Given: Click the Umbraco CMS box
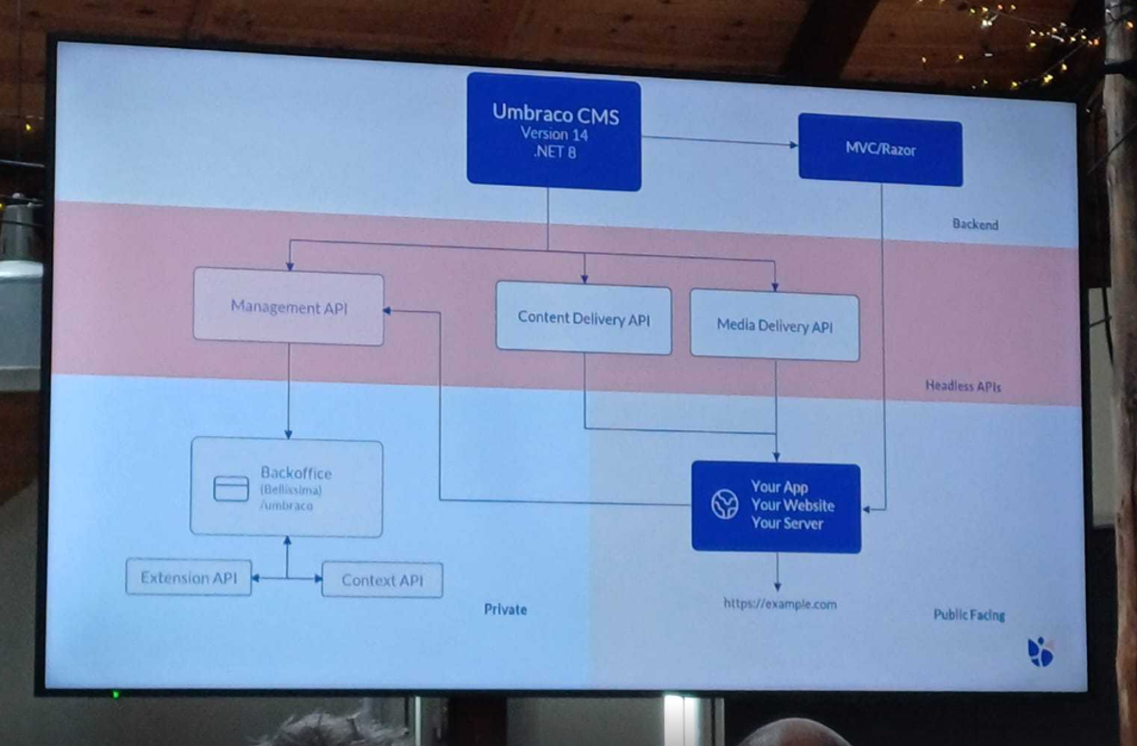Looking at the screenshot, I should (553, 131).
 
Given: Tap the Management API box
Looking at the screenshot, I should (288, 307).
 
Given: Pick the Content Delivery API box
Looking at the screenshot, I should (584, 318).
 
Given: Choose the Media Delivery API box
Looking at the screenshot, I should (774, 326).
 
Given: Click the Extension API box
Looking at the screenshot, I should (189, 577).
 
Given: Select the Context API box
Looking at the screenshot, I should (382, 580).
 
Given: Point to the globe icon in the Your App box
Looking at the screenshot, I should (725, 504).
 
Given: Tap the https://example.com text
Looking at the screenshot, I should (780, 603).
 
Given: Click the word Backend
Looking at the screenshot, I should (975, 225).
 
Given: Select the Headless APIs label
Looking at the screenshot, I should (963, 387).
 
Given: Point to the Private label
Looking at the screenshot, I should (505, 609).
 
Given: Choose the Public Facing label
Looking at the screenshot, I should (968, 615).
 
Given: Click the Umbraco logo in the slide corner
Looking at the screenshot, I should (1040, 651).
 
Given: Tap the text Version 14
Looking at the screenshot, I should (554, 134).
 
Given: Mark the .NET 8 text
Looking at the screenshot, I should (554, 151).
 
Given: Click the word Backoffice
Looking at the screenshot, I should (297, 473).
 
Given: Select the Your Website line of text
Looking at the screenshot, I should (793, 505).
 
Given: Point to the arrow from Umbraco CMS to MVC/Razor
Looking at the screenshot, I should (720, 141).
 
